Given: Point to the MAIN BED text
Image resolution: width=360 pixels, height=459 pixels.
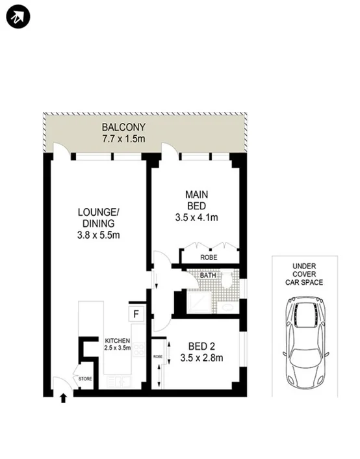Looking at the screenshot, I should tap(196, 200).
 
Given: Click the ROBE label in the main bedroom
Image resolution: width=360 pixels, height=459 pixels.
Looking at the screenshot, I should tap(208, 258).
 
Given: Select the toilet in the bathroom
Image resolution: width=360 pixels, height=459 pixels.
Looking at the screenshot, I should tap(226, 279).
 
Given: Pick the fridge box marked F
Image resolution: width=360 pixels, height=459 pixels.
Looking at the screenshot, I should tap(136, 314).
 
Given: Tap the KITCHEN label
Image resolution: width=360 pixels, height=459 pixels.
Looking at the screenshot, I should tap(118, 340).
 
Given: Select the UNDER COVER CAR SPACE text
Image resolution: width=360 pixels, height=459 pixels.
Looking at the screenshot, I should tap(304, 274).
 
